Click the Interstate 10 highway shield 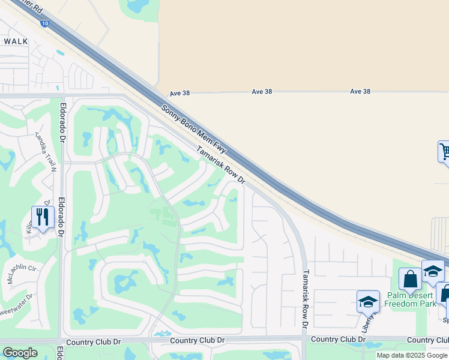44,23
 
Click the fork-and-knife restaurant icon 43,217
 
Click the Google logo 20,352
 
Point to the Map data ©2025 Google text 412,355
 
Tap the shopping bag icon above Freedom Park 411,279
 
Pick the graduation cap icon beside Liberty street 368,301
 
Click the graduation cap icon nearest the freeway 433,271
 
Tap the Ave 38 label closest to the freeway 179,93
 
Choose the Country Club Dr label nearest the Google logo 94,341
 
